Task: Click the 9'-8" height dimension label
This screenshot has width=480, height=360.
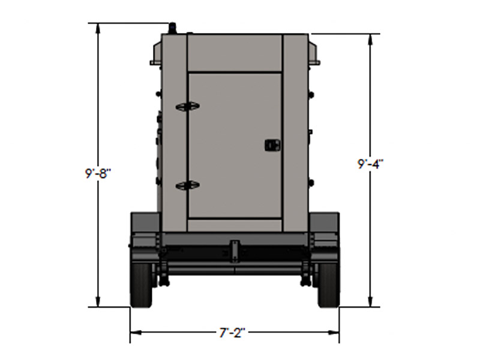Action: pyautogui.click(x=98, y=174)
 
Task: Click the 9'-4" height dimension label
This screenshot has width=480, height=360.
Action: pyautogui.click(x=371, y=164)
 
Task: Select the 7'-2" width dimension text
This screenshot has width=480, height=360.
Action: pyautogui.click(x=233, y=332)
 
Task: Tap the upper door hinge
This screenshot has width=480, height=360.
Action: pyautogui.click(x=187, y=106)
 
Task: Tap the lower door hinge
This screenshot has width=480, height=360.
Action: pyautogui.click(x=187, y=185)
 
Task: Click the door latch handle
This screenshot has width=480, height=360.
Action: pyautogui.click(x=272, y=145)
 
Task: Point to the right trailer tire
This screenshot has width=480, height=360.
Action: pyautogui.click(x=329, y=284)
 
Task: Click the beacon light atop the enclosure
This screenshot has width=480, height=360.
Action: pyautogui.click(x=173, y=28)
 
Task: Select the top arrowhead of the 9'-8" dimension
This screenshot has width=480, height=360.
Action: pyautogui.click(x=98, y=28)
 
